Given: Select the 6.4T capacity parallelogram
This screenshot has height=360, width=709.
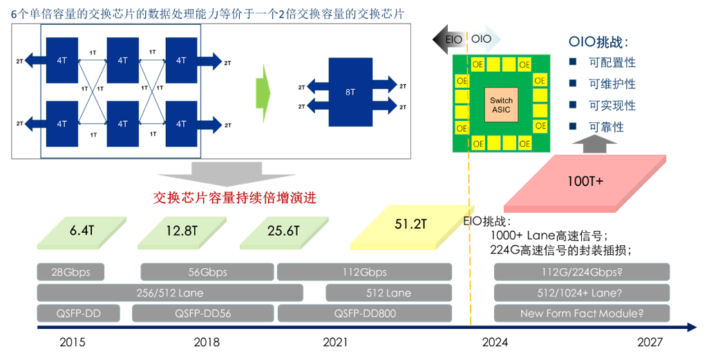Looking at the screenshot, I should coord(81,231).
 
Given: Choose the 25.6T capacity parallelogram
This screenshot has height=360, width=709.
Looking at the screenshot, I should coord(283,231).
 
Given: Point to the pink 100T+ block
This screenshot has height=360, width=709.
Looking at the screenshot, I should coord(585,182).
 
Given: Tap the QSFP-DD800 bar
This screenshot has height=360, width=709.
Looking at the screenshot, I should coord(364,313).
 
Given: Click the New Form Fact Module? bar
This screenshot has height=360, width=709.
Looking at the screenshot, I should coord(582,313).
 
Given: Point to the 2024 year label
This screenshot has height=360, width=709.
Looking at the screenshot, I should coord(495,342).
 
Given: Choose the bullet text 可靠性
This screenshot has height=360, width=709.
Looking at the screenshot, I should coord(606,127).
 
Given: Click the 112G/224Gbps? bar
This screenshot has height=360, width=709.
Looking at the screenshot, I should coord(582,272).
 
